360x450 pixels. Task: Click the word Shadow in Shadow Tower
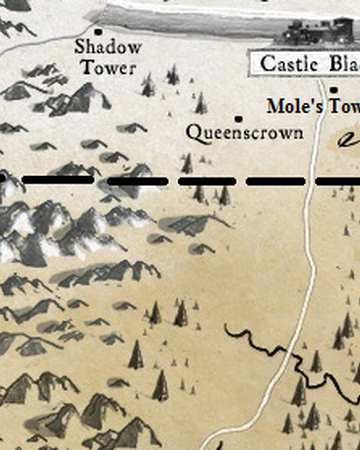pyautogui.click(x=108, y=47)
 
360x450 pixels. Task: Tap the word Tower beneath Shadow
pyautogui.click(x=108, y=67)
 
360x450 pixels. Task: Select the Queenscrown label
pyautogui.click(x=245, y=132)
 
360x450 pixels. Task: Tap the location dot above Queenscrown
pyautogui.click(x=238, y=117)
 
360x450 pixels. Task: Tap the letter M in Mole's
pyautogui.click(x=274, y=105)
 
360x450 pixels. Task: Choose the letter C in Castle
pyautogui.click(x=266, y=64)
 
